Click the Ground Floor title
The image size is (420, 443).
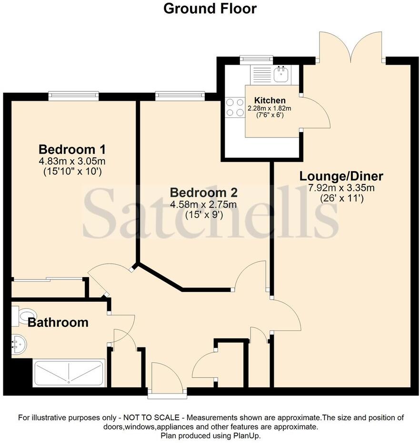[210, 9]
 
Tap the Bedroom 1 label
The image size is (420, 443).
[72, 148]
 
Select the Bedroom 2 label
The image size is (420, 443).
[204, 193]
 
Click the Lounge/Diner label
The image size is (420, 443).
[341, 176]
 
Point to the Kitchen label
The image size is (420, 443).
[270, 100]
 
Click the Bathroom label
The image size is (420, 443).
[58, 322]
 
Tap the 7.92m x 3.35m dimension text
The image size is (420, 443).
[341, 188]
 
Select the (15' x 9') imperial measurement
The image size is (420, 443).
[204, 215]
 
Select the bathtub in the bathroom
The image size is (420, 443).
[69, 373]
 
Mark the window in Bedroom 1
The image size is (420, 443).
[73, 96]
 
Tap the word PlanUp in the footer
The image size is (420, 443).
[248, 435]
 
